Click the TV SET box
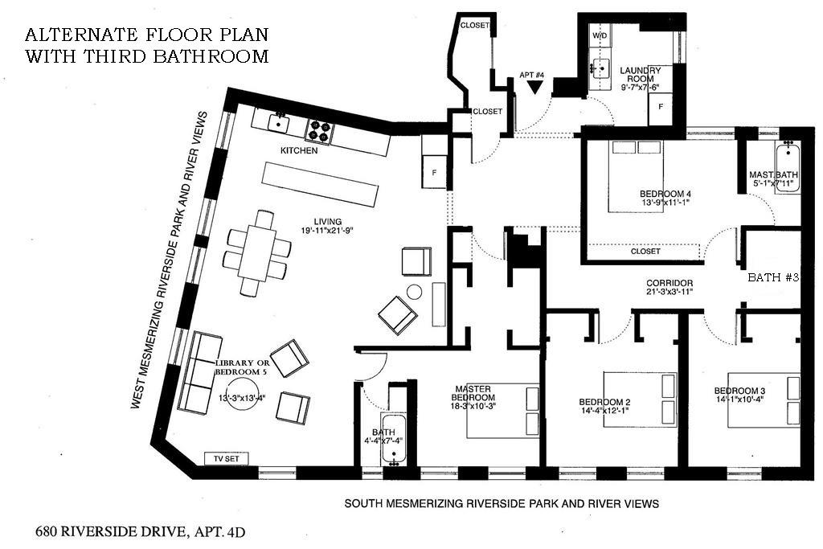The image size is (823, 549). click(x=227, y=459)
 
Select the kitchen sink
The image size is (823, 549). click(x=279, y=123)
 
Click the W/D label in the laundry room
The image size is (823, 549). click(x=600, y=37)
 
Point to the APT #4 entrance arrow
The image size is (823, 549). click(x=534, y=88)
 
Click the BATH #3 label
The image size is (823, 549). click(x=773, y=277)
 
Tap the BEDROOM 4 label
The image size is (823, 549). click(x=665, y=194)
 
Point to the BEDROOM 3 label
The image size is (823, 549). click(x=739, y=391)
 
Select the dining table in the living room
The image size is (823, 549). click(x=256, y=252)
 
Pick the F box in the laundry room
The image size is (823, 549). click(x=661, y=107)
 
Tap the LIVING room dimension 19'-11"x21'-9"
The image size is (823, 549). click(x=329, y=231)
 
